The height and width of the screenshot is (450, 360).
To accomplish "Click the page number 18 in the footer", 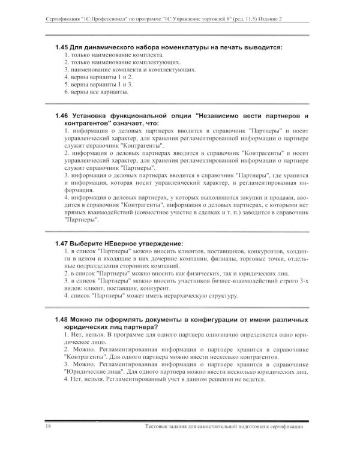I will (48, 427).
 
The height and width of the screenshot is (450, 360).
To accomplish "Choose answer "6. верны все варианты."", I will (95, 92).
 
